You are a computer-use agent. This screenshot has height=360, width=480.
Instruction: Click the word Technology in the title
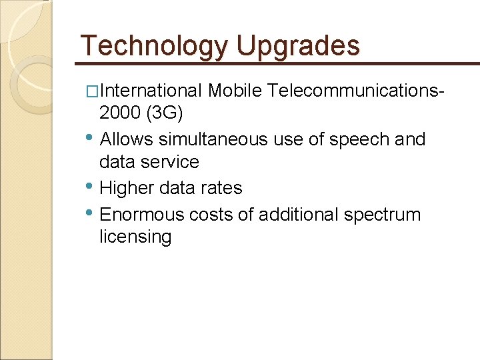tap(153, 46)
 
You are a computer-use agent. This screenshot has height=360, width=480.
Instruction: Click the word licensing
tap(135, 237)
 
